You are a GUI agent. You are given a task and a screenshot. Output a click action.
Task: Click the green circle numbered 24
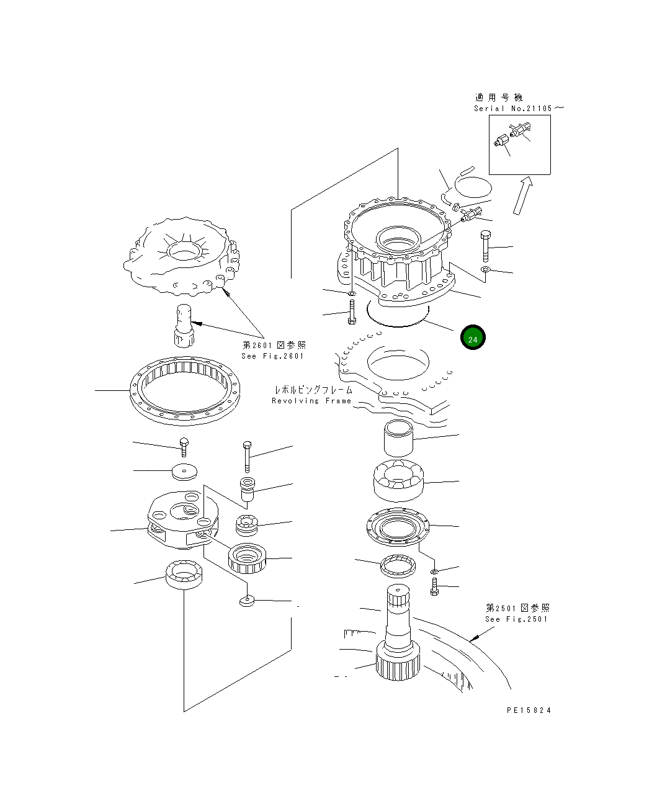473,338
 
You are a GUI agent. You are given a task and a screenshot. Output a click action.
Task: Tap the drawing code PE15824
528,710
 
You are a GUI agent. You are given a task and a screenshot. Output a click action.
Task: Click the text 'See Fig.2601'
273,356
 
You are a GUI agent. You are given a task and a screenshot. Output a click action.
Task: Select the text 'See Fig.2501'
517,619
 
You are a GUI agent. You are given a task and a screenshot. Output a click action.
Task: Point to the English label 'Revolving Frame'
311,401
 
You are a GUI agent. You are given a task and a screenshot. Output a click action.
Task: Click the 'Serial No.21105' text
513,109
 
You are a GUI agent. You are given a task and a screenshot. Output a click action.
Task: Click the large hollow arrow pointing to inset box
523,195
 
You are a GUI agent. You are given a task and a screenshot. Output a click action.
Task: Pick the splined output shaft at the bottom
399,639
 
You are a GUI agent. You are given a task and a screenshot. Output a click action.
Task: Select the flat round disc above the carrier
184,472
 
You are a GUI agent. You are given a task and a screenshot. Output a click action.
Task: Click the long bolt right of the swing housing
485,246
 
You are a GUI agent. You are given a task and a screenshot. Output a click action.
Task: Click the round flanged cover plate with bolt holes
397,529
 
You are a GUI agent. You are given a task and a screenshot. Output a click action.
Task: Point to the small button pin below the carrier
247,601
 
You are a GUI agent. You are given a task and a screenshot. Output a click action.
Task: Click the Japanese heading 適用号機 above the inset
499,97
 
